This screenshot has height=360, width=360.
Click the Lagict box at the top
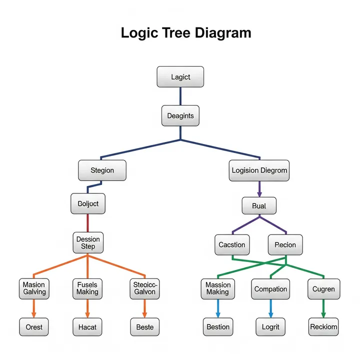point(180,77)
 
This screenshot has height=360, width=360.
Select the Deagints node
point(180,115)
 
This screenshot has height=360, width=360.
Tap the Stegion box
point(102,170)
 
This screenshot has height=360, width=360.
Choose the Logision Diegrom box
point(259,170)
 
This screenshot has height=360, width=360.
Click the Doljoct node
point(88,204)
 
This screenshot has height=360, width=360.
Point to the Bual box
point(259,206)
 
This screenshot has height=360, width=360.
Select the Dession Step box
point(88,243)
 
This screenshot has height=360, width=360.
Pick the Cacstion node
point(232,245)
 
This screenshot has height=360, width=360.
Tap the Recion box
point(285,245)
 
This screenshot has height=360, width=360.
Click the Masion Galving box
point(34,288)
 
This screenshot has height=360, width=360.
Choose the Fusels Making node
point(88,288)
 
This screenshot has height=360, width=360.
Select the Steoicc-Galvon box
point(145,288)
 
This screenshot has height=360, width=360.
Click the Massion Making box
point(218,288)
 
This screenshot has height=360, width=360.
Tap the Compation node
point(270,289)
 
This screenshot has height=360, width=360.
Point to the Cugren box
point(323,289)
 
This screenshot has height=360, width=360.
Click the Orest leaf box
point(34,327)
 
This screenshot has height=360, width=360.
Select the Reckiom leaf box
point(323,327)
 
